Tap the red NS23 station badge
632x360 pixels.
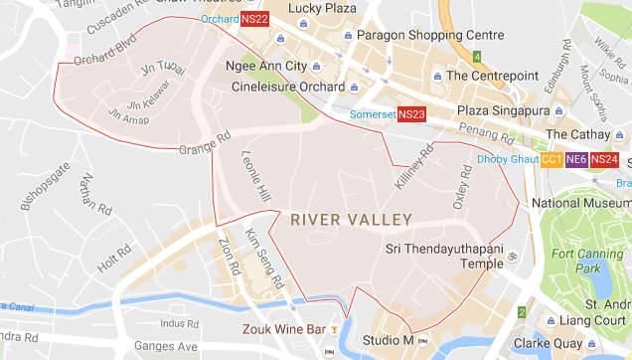click(x=411, y=115)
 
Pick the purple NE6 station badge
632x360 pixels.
click(x=575, y=159)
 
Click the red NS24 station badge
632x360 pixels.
click(x=602, y=159)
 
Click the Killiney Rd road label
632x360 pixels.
click(x=415, y=164)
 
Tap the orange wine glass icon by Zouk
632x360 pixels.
click(x=336, y=329)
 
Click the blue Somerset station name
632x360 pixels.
click(x=373, y=115)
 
